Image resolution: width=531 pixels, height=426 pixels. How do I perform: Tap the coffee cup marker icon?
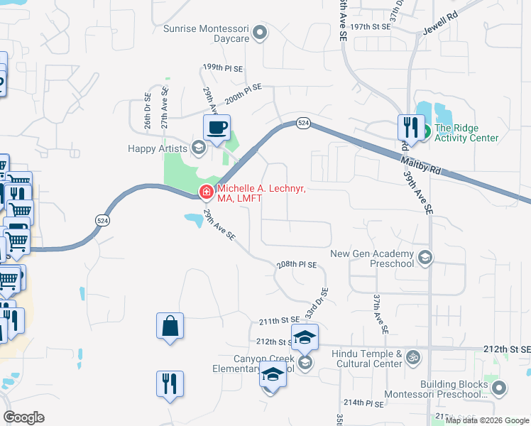pos(217,129)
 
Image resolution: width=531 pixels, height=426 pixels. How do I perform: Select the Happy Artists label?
pos(158,148)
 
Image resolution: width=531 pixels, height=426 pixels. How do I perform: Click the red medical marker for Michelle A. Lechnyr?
pos(206,191)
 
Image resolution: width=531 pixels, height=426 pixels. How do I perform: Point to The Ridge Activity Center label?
pos(466,133)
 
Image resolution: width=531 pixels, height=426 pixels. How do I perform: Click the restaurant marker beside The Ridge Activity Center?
pos(411,128)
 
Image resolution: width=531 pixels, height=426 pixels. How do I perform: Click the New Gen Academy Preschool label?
pos(372,258)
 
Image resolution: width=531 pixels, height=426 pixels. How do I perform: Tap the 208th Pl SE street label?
pos(297,264)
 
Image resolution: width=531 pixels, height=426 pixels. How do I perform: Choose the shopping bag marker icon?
pos(170,327)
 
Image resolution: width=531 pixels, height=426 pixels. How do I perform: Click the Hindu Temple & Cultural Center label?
pos(368,359)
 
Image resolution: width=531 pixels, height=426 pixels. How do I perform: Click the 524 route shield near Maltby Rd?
pos(303,123)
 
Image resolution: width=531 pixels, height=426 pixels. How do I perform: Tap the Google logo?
pos(23,417)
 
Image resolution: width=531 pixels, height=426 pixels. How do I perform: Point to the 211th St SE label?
pos(277,321)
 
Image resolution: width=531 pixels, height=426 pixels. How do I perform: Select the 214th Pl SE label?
pos(365,403)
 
